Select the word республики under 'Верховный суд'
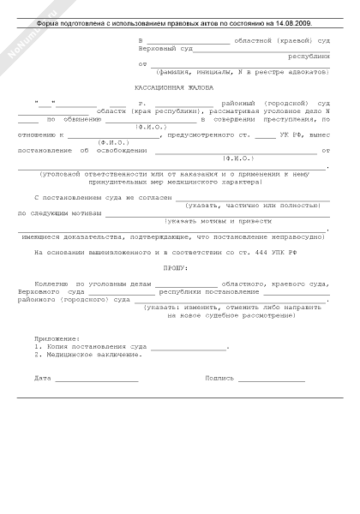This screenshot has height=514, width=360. [x=309, y=56]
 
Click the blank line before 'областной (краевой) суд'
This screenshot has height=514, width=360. [x=188, y=41]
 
